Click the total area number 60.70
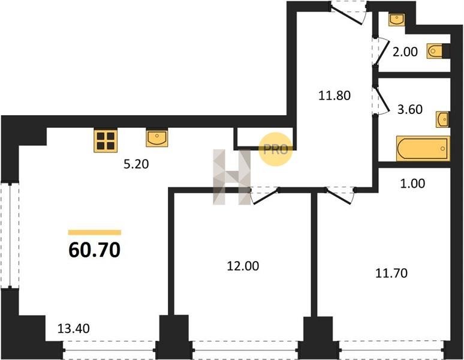tap(95, 250)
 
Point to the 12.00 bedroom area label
tap(242, 266)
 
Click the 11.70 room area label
tap(391, 274)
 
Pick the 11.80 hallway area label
tap(333, 94)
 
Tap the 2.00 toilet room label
tap(405, 52)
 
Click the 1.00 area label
tap(412, 184)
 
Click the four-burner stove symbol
tap(105, 141)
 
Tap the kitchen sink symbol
tap(156, 139)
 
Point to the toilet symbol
tap(437, 52)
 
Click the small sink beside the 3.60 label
tap(442, 119)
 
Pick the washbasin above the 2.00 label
tap(397, 19)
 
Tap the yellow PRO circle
tap(275, 148)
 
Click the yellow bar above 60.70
tap(95, 232)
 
